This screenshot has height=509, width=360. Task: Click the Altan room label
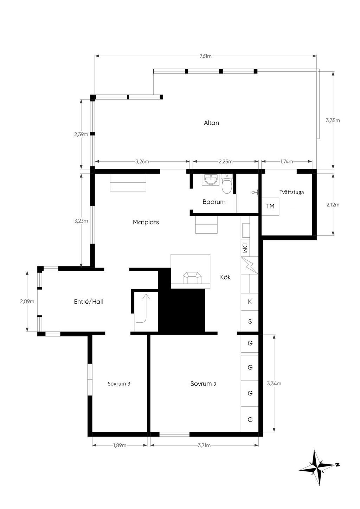pyautogui.click(x=211, y=123)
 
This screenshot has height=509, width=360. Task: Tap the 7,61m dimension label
pyautogui.click(x=205, y=56)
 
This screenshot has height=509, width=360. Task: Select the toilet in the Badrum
pyautogui.click(x=227, y=183)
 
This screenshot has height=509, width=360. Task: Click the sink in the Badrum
pyautogui.click(x=211, y=180)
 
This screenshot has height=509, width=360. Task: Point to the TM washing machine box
pyautogui.click(x=270, y=206)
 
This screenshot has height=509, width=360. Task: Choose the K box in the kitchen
pyautogui.click(x=250, y=302)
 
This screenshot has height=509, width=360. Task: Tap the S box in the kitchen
pyautogui.click(x=250, y=321)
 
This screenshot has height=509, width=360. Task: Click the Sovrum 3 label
pyautogui.click(x=119, y=384)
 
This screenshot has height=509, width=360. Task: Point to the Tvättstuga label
pyautogui.click(x=291, y=192)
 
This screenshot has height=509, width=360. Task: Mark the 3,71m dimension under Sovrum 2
pyautogui.click(x=204, y=445)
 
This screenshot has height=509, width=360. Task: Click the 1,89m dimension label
pyautogui.click(x=120, y=445)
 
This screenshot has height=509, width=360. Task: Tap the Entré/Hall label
pyautogui.click(x=88, y=302)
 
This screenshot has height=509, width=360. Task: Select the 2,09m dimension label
pyautogui.click(x=27, y=302)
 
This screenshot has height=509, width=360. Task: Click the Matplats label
pyautogui.click(x=146, y=222)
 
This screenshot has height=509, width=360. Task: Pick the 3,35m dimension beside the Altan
pyautogui.click(x=333, y=121)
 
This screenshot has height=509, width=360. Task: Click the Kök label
pyautogui.click(x=225, y=277)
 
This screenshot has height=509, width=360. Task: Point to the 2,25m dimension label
pyautogui.click(x=225, y=162)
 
